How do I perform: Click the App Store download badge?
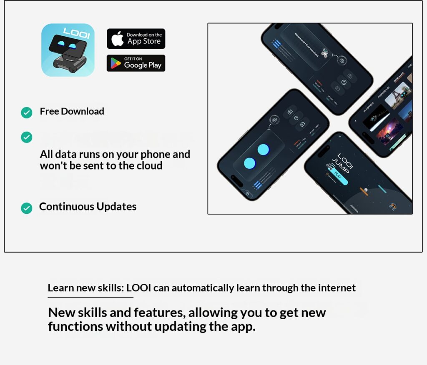[136, 39]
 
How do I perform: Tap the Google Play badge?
[136, 63]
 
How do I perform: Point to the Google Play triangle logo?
[116, 64]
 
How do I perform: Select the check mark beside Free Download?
[26, 112]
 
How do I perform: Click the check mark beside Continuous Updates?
[26, 208]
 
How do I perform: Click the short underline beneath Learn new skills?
[90, 297]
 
